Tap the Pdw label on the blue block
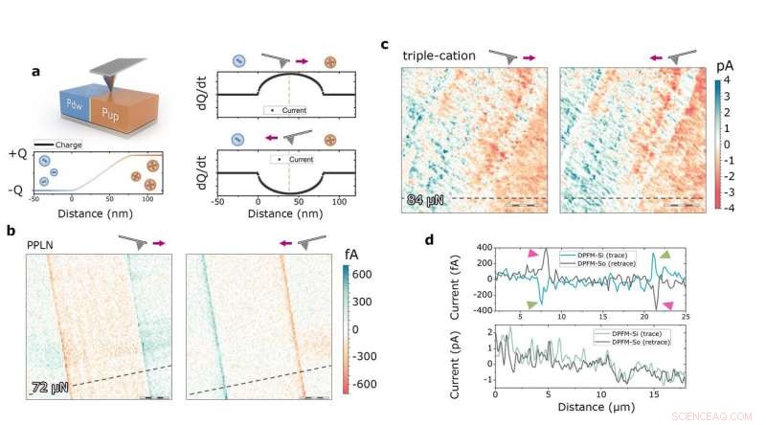pos(73,105)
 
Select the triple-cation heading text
pos(439,56)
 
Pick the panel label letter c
pos(385,44)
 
